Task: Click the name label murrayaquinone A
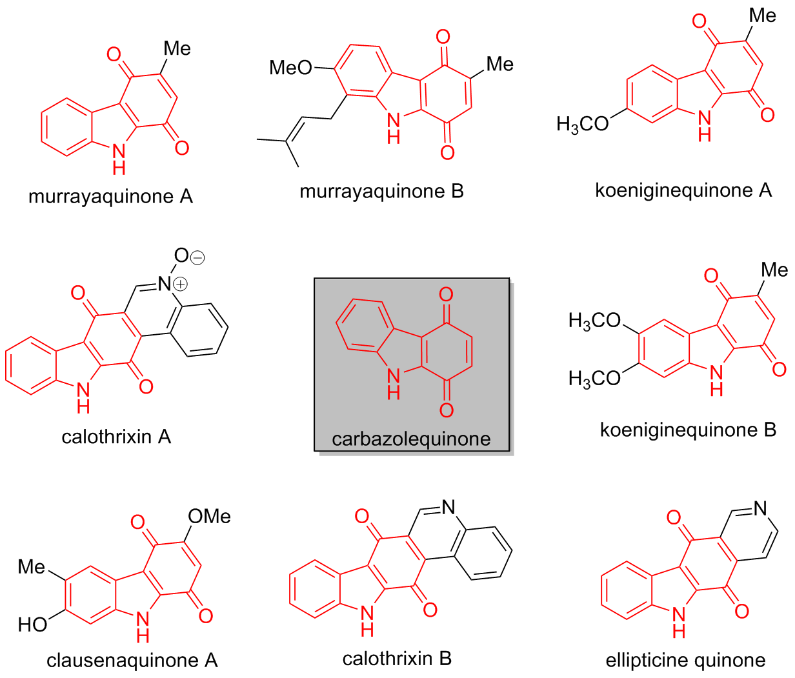tap(110, 197)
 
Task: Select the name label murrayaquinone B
tap(381, 191)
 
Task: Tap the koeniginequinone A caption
tap(683, 190)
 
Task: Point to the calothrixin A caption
tap(116, 437)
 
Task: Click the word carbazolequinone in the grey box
tap(411, 439)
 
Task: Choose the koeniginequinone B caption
tap(688, 430)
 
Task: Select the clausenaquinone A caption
tap(132, 661)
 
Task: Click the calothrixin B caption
tap(397, 659)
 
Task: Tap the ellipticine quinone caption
tap(685, 661)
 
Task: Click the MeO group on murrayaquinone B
tap(290, 68)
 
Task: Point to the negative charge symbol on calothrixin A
tap(198, 257)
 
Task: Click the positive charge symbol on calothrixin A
tap(181, 284)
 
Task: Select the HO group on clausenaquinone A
tap(32, 625)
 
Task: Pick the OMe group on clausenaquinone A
tap(209, 517)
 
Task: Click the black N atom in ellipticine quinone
tap(760, 508)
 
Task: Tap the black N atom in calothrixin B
tap(448, 507)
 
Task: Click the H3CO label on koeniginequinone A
tap(583, 125)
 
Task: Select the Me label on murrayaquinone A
tap(177, 48)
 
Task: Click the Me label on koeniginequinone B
tap(774, 270)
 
